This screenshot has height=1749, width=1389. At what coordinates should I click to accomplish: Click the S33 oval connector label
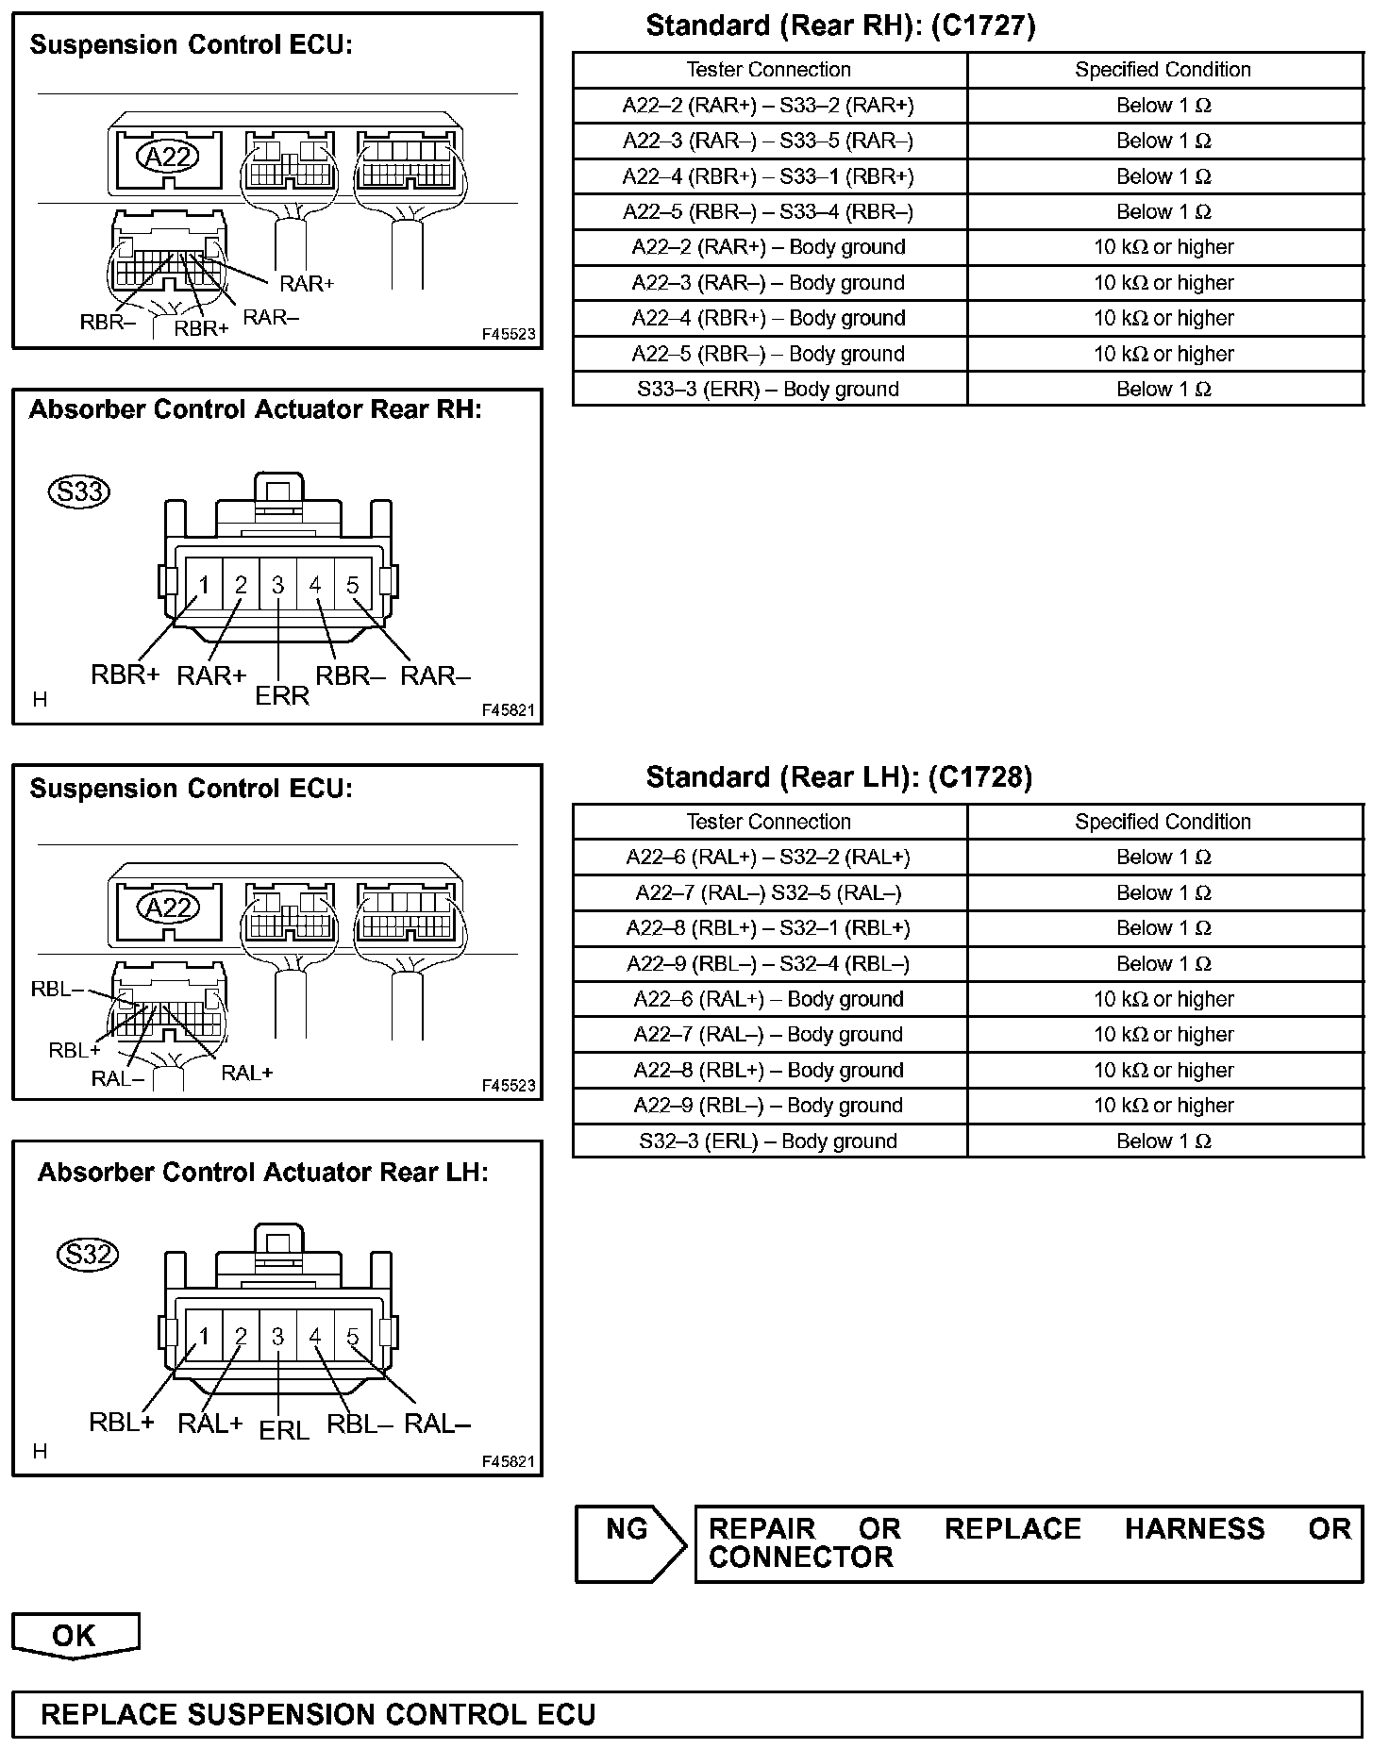tap(79, 491)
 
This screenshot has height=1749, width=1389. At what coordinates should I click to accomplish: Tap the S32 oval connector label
tap(88, 1254)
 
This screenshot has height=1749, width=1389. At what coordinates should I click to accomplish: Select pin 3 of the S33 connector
tap(277, 586)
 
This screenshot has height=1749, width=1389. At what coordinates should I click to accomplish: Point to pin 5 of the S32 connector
tap(352, 1337)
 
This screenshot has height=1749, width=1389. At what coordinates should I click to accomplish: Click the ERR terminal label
tap(282, 696)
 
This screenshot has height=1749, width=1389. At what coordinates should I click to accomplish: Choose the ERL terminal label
tap(283, 1431)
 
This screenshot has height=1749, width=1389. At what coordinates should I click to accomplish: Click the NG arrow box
tap(628, 1543)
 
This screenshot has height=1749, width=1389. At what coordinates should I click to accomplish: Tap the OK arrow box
tap(75, 1635)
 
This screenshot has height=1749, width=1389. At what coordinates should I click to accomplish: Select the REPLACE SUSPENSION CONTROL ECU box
tap(687, 1714)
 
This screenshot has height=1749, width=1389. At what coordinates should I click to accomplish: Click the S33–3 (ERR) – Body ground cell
tap(768, 389)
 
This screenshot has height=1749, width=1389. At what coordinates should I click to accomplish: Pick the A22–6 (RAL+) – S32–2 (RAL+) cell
tap(768, 857)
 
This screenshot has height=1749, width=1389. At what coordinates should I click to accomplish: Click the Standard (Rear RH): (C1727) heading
tap(841, 26)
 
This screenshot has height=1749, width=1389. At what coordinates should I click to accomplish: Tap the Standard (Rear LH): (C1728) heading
tap(839, 777)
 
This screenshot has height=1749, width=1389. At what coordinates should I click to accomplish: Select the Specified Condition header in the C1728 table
tap(1163, 822)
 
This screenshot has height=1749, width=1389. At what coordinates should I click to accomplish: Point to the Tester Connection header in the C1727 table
tap(768, 70)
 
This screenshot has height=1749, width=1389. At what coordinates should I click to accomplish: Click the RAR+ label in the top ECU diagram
tap(307, 284)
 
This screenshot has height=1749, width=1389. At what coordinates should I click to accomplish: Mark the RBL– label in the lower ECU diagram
tap(58, 989)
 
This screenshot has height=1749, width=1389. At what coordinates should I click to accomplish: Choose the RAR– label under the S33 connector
tap(435, 676)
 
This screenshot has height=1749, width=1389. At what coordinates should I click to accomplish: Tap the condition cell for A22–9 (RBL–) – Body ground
tap(1163, 1106)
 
